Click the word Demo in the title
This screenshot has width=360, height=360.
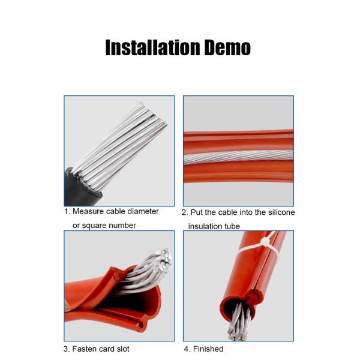point(227,47)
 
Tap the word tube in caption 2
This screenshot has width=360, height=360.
point(232,226)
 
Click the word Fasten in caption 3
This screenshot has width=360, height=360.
point(83,349)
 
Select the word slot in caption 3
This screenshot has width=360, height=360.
point(123,349)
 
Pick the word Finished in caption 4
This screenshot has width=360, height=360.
point(208,349)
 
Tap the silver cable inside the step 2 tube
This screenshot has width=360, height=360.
point(238,157)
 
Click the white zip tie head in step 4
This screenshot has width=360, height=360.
point(265,242)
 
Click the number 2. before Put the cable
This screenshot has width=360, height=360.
point(185,212)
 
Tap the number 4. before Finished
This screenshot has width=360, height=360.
point(187,349)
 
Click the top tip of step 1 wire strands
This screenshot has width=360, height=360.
point(140,103)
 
